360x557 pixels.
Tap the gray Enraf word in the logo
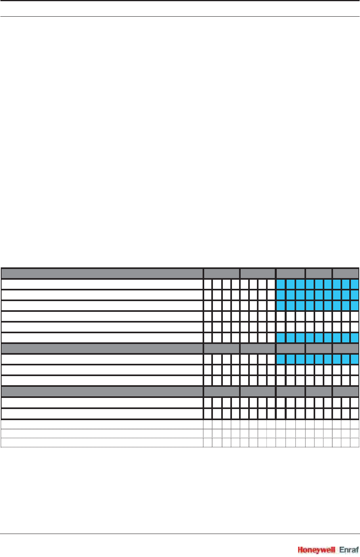pyautogui.click(x=349, y=550)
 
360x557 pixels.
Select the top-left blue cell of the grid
pyautogui.click(x=281, y=284)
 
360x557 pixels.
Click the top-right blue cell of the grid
pyautogui.click(x=354, y=284)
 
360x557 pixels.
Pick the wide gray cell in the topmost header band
pyautogui.click(x=102, y=273)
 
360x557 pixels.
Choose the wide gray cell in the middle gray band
pyautogui.click(x=102, y=348)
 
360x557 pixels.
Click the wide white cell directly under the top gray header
pyautogui.click(x=102, y=284)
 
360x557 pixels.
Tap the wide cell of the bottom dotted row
pyautogui.click(x=102, y=442)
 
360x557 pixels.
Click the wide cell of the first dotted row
pyautogui.click(x=102, y=424)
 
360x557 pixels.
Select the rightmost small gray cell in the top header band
pyautogui.click(x=346, y=273)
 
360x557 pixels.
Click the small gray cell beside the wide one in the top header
pyautogui.click(x=222, y=273)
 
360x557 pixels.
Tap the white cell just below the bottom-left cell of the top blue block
pyautogui.click(x=281, y=316)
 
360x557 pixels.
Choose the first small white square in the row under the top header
pyautogui.click(x=208, y=284)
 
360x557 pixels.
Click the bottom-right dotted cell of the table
pyautogui.click(x=354, y=442)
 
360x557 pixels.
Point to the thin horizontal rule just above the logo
pyautogui.click(x=180, y=534)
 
